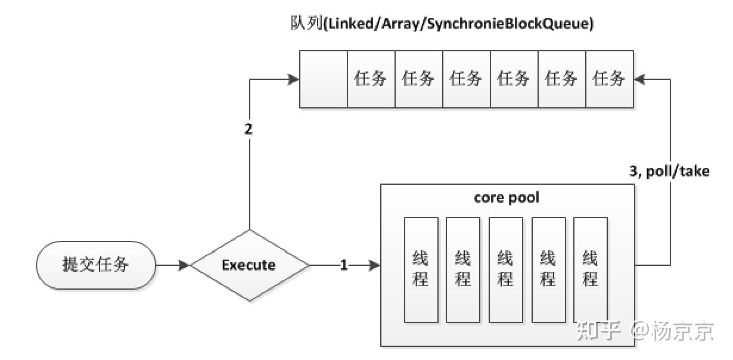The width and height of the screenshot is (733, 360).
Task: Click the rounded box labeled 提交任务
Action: tap(96, 265)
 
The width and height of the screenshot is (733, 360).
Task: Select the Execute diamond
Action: tap(249, 265)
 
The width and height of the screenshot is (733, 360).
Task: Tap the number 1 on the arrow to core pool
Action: tap(344, 265)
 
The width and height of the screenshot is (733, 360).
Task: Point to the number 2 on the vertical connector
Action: tap(249, 129)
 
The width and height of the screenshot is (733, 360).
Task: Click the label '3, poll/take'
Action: tap(670, 172)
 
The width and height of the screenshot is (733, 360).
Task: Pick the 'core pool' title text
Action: tap(507, 197)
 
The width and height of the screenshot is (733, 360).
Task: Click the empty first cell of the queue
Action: tap(324, 79)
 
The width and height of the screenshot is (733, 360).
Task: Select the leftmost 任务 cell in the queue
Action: tap(371, 79)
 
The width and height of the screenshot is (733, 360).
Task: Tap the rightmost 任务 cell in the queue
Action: tap(610, 79)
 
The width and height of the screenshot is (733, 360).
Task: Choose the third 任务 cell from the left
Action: tap(467, 79)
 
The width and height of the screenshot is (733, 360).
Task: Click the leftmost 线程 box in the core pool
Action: tap(421, 269)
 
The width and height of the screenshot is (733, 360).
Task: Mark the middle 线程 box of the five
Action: tap(505, 269)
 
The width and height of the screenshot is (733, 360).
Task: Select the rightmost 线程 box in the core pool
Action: tap(591, 269)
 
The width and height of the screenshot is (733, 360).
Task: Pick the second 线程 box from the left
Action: tap(463, 269)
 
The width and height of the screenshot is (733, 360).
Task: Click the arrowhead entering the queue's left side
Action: tap(294, 79)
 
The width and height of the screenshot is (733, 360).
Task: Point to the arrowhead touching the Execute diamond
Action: tap(184, 265)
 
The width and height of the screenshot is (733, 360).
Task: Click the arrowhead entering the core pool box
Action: tap(375, 265)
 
